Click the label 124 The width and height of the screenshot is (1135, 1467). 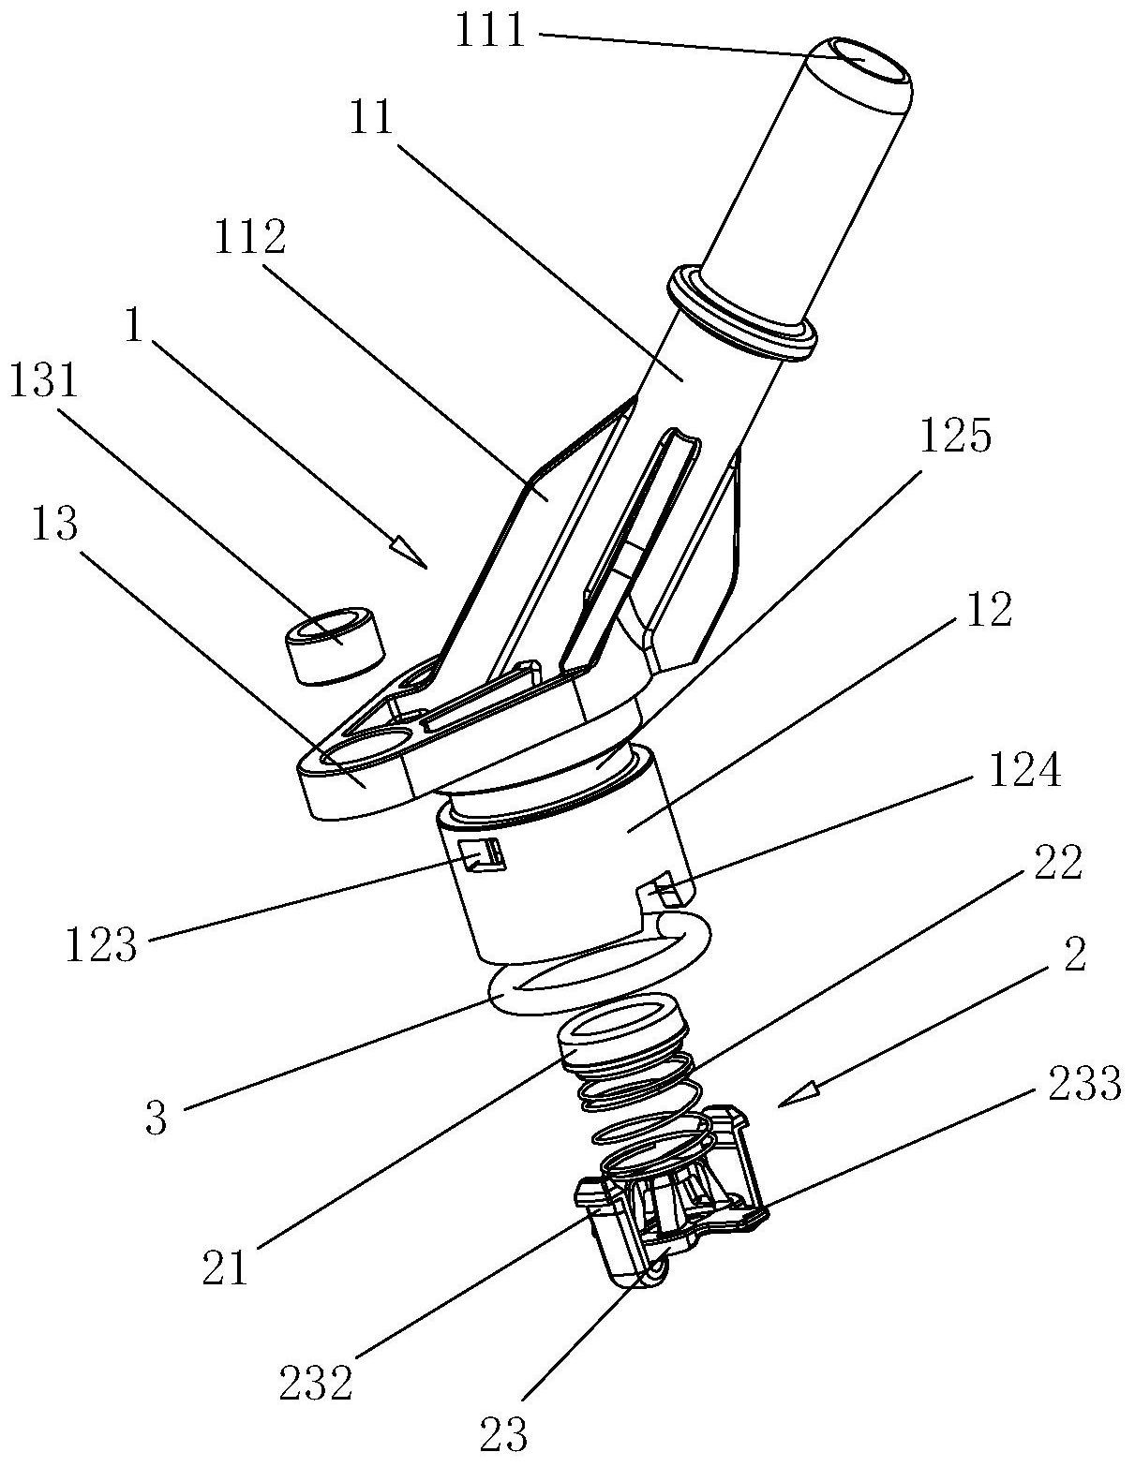1026,774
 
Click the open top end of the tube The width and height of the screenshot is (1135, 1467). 863,60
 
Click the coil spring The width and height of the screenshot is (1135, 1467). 647,1110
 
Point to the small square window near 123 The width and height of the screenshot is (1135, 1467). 482,855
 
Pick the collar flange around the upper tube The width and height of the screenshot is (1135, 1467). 740,312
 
